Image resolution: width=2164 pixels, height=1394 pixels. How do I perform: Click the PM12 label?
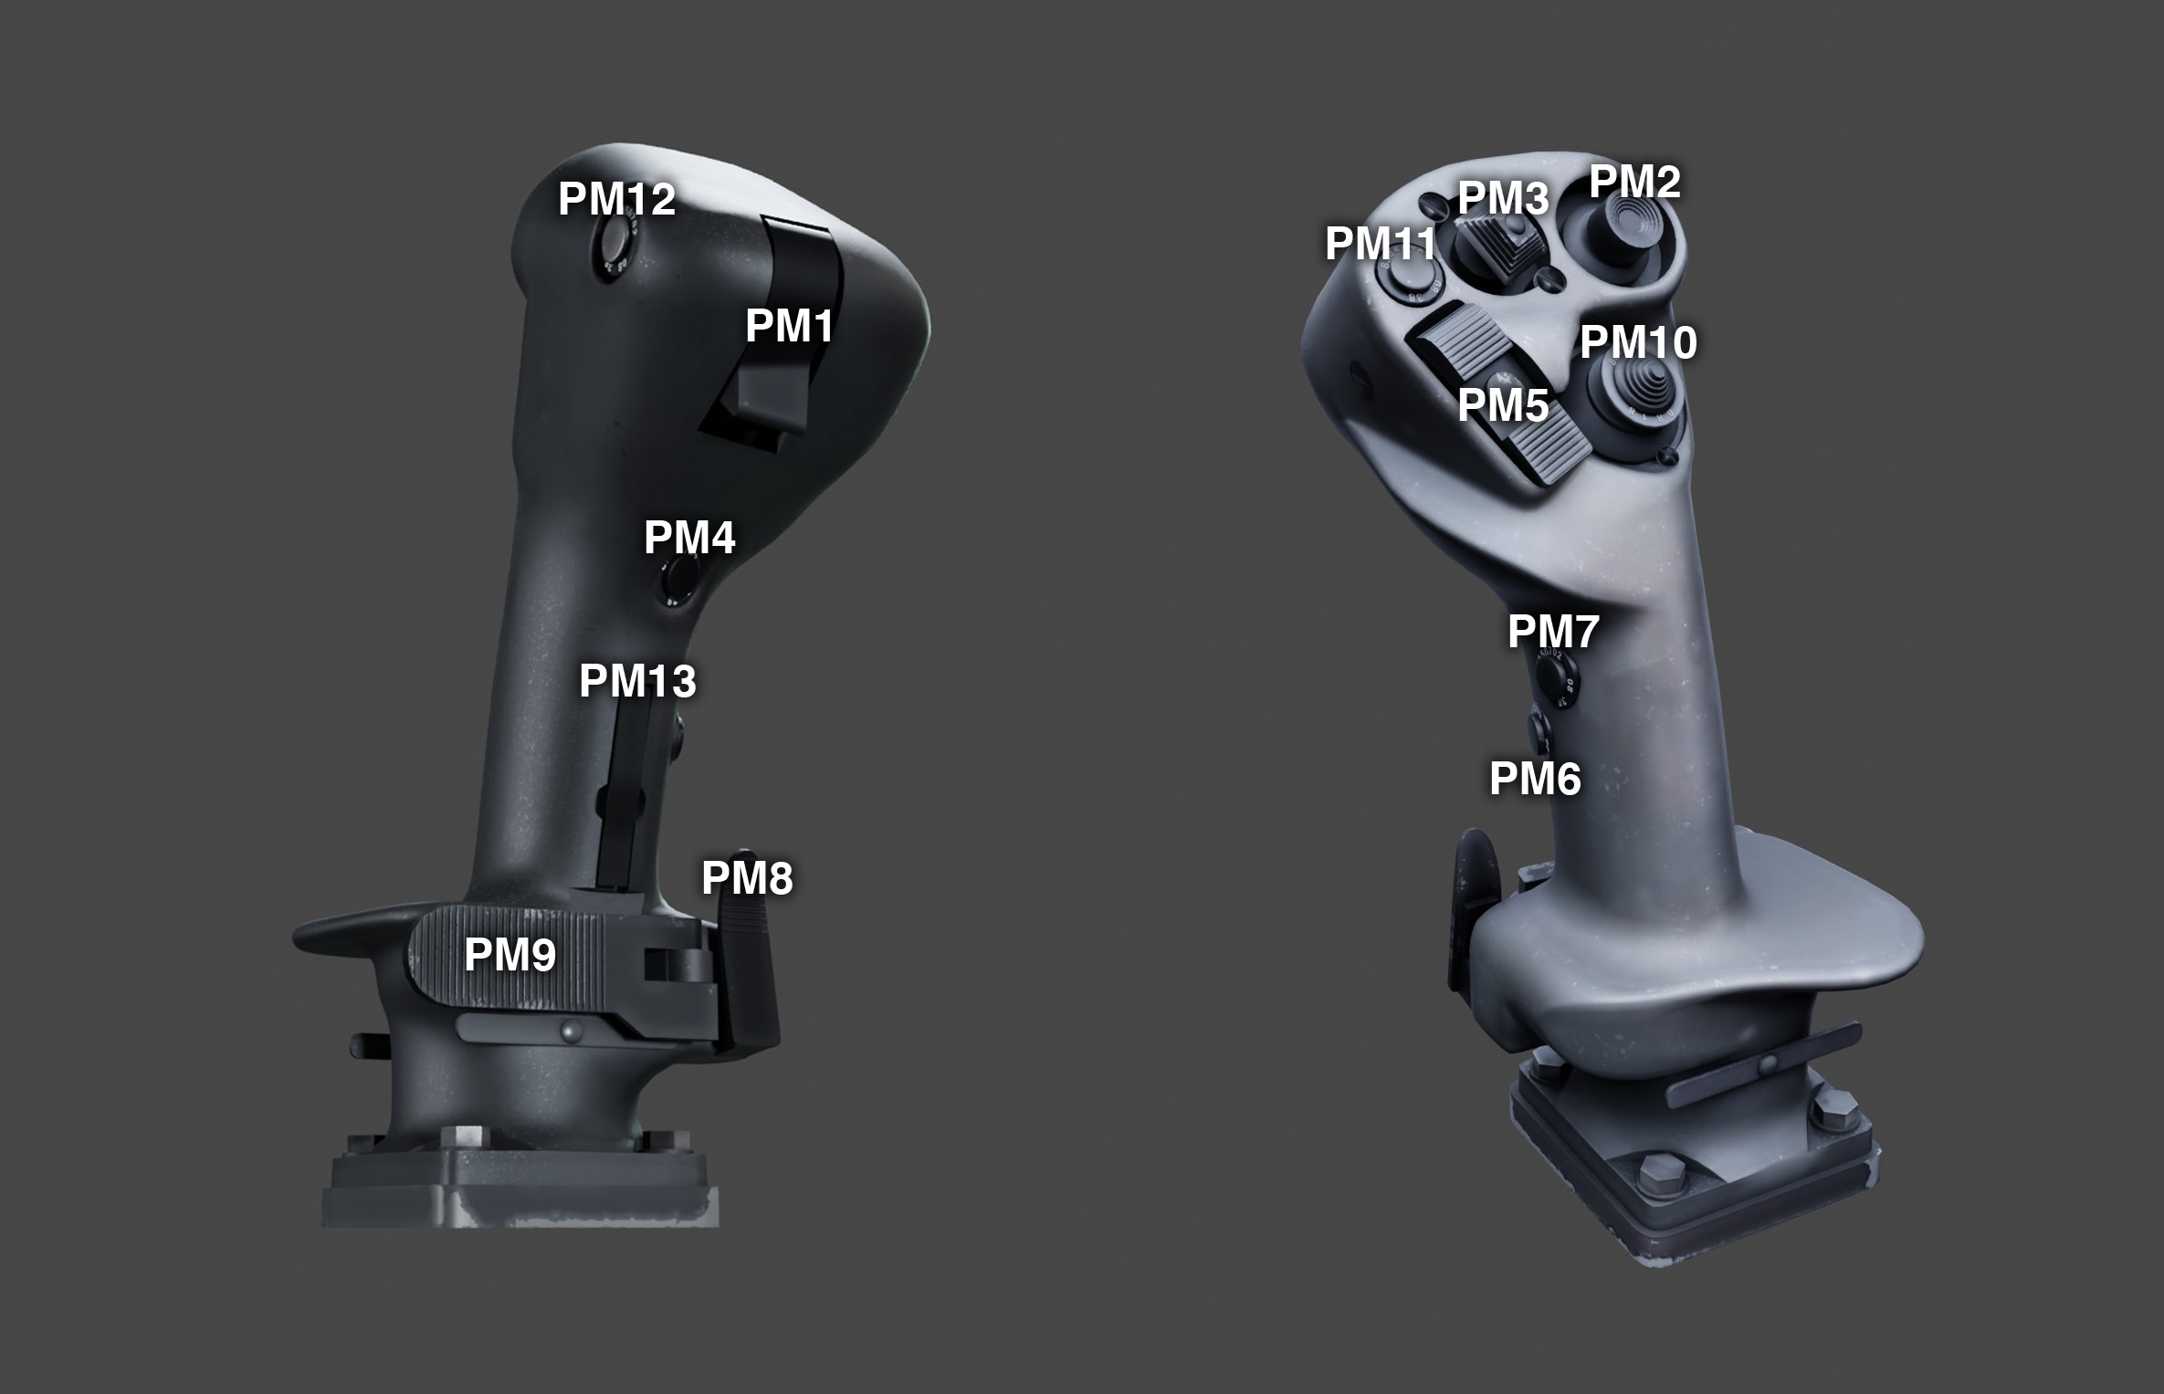pos(616,199)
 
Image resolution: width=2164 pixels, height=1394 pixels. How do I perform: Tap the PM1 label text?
pos(790,326)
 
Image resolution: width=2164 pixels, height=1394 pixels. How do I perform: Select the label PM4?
pos(689,538)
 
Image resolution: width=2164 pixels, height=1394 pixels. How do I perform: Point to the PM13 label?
pos(637,681)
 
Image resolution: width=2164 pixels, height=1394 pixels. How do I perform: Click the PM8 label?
pos(747,878)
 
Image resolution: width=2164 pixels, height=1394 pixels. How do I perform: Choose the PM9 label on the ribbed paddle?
pos(509,955)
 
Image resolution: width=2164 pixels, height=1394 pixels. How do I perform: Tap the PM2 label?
pos(1634,183)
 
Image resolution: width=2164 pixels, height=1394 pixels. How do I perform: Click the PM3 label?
pos(1503,198)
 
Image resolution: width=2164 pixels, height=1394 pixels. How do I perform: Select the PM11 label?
pos(1381,244)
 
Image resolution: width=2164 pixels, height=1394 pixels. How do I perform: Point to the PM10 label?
pos(1639,342)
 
